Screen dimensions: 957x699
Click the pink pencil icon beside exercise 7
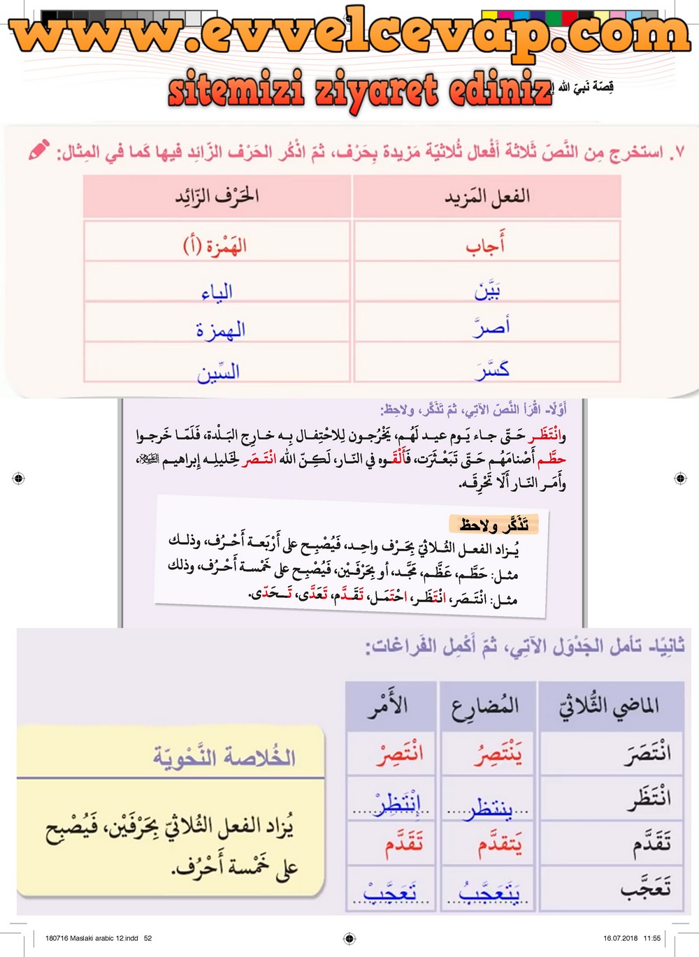[x=39, y=149]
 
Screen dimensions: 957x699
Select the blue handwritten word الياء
[x=217, y=292]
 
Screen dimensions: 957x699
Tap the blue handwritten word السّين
[x=218, y=372]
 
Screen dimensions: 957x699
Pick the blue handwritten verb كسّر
[x=492, y=370]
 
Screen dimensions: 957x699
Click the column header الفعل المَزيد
[x=487, y=197]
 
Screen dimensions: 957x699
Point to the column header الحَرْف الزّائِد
[x=217, y=196]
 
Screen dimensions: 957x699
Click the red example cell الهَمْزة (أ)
[x=215, y=245]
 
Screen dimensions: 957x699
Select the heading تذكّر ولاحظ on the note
[x=493, y=524]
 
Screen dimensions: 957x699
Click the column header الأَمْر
[x=389, y=705]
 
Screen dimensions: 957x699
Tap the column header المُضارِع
[x=487, y=706]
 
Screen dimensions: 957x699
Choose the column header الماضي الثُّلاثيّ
[x=610, y=706]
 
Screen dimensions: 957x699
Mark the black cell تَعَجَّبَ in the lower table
[x=646, y=887]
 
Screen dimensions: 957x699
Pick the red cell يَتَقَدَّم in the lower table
[x=499, y=845]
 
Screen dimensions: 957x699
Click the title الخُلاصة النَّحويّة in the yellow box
[x=224, y=757]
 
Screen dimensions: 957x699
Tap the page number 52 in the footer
[x=147, y=938]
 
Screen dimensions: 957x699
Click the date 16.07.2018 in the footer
[x=620, y=938]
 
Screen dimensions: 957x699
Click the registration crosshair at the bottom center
[x=350, y=938]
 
